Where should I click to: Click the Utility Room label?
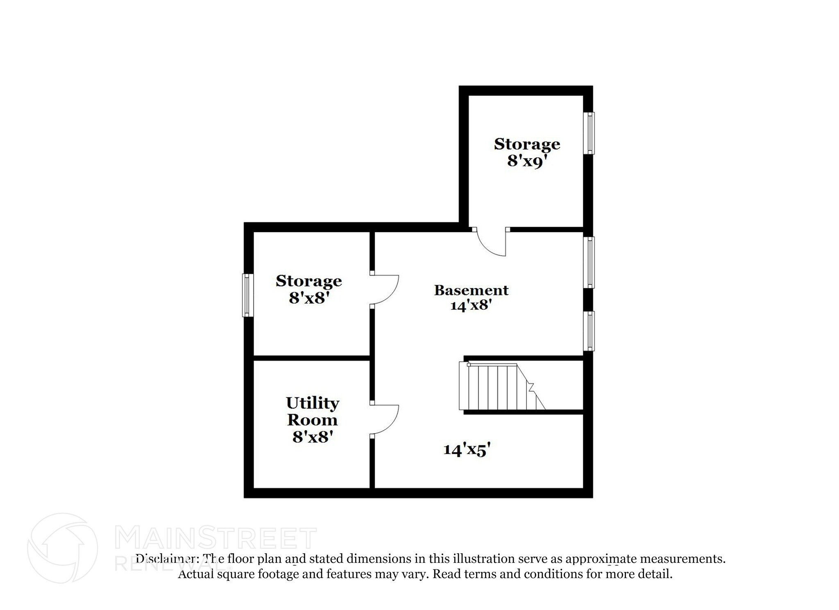click(312, 411)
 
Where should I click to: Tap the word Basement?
click(471, 290)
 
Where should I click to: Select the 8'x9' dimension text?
click(527, 161)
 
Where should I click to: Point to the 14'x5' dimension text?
click(467, 450)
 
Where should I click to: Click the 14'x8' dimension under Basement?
click(471, 305)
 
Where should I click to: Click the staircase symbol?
click(502, 386)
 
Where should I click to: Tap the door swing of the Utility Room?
click(384, 420)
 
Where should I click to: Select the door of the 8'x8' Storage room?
click(384, 290)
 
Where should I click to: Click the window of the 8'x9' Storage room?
click(589, 133)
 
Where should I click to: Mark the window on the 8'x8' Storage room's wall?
click(247, 295)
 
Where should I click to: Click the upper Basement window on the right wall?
click(589, 262)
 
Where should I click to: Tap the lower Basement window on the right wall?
click(589, 331)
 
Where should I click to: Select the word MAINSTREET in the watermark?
click(216, 539)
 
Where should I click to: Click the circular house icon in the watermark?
click(62, 548)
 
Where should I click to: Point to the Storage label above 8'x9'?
click(527, 144)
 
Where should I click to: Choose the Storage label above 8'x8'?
click(308, 281)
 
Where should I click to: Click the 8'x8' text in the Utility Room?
click(311, 437)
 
